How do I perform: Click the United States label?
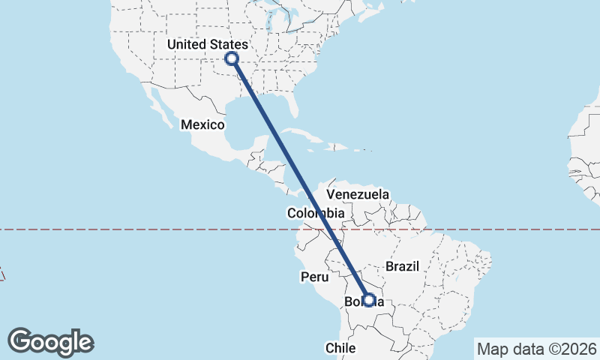click(x=206, y=45)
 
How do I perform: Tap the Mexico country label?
click(x=202, y=124)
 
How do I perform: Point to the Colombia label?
click(x=315, y=214)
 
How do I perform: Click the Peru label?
click(x=315, y=277)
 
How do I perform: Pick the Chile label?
click(x=339, y=347)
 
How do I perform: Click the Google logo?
click(x=51, y=342)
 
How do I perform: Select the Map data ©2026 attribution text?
click(x=536, y=349)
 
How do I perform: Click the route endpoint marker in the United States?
click(x=232, y=58)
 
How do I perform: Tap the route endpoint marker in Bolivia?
click(x=368, y=300)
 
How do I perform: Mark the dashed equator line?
click(x=150, y=229)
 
